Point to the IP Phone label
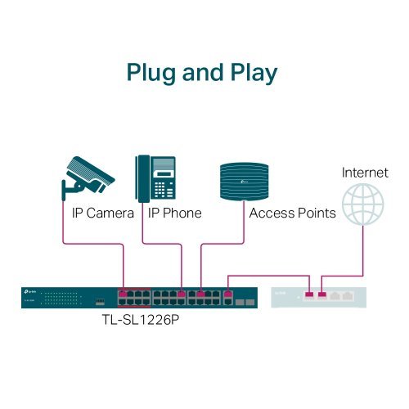[x=175, y=213]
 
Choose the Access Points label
[x=292, y=213]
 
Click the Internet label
[x=364, y=173]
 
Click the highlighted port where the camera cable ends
[x=124, y=293]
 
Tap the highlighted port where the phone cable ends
[x=181, y=293]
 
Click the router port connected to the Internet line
[x=322, y=294]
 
